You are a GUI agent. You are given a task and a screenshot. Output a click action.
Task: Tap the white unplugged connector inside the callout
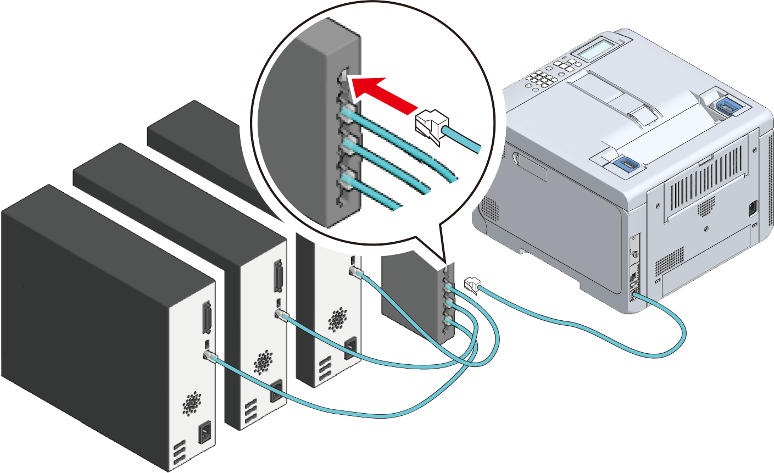(430, 126)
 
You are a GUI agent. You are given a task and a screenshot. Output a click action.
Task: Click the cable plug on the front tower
(209, 355)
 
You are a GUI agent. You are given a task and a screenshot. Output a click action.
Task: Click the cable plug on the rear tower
(355, 271)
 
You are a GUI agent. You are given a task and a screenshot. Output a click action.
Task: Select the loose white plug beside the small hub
(471, 285)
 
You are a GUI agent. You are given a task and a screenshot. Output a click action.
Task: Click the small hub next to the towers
(417, 302)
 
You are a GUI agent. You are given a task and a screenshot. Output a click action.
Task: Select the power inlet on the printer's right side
(752, 209)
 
